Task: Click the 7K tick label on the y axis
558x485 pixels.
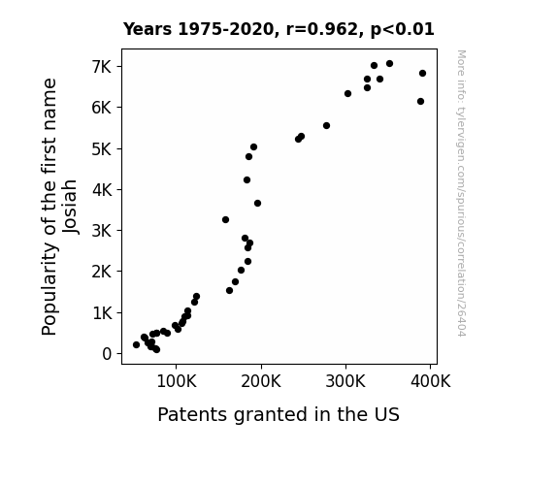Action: (102, 67)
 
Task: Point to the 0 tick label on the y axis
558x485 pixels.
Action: (107, 354)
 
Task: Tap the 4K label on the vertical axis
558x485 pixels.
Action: (102, 190)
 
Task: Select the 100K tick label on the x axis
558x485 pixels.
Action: (177, 381)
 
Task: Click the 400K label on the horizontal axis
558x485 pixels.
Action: (431, 381)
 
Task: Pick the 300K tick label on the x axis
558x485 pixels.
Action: (345, 381)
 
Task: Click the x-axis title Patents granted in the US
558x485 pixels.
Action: (279, 414)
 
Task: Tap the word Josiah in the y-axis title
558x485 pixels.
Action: (70, 207)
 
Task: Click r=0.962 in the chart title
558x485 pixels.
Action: (322, 29)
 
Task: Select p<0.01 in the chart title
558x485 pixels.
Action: (402, 29)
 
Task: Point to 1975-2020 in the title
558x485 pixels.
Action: (225, 29)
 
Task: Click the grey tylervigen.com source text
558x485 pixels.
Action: (461, 193)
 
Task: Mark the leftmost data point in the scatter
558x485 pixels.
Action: (136, 344)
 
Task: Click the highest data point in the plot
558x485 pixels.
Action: (390, 64)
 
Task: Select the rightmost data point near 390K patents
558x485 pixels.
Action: (423, 74)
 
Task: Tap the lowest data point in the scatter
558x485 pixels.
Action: (156, 350)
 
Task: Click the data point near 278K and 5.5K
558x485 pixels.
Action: (327, 125)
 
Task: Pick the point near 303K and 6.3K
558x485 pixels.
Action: (348, 93)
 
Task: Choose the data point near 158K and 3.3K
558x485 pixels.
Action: (225, 220)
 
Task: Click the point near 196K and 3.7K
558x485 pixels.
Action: (257, 203)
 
